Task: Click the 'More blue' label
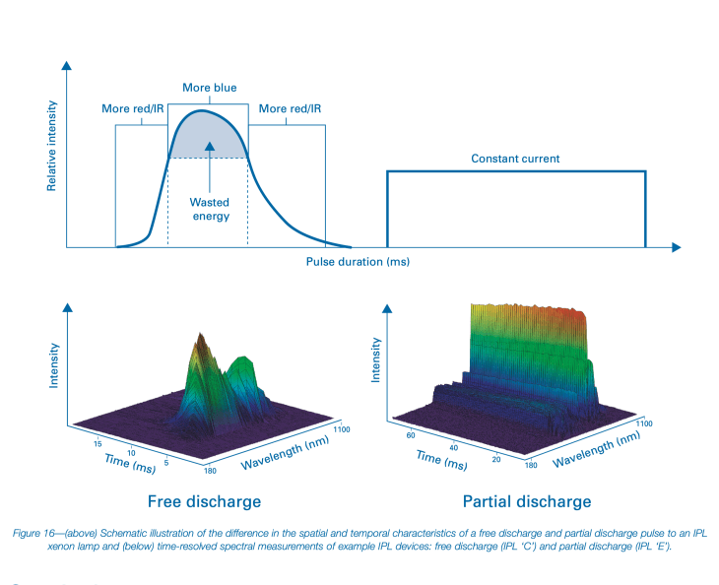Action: point(209,88)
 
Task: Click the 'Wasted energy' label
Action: point(210,209)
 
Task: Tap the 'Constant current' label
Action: point(515,159)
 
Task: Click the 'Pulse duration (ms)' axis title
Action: point(358,263)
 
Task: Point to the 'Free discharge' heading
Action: point(204,501)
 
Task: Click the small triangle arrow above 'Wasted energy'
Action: point(209,147)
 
